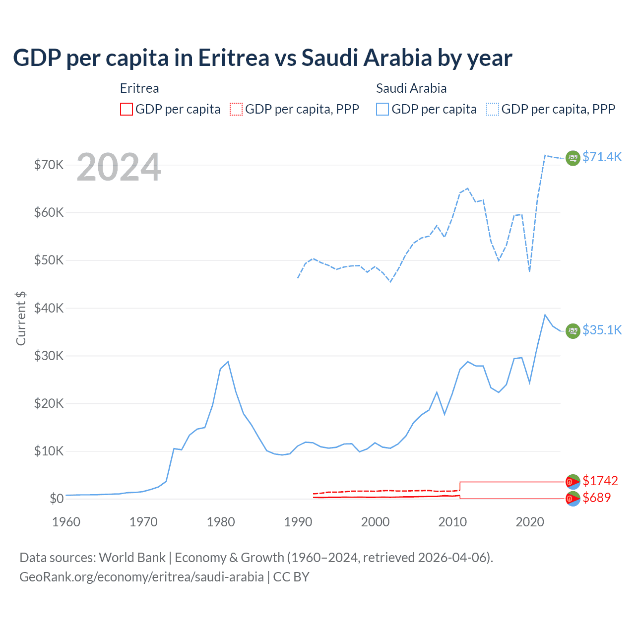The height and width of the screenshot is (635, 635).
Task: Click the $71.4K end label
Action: tap(602, 157)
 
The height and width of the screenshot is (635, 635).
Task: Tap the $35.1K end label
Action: tap(602, 330)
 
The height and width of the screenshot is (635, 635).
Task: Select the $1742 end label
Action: tap(600, 481)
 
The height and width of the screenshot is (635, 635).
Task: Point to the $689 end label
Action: tap(597, 498)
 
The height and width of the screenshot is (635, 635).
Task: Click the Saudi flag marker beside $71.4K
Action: tap(573, 158)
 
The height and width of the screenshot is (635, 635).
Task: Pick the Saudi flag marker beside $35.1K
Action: tap(573, 331)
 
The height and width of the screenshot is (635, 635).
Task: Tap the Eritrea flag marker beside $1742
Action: tap(573, 481)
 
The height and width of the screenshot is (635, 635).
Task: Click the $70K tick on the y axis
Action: tap(49, 165)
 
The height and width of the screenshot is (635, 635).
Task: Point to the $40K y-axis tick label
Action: tap(49, 308)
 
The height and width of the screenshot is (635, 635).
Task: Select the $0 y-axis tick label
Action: tap(57, 499)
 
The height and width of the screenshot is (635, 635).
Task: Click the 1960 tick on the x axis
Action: tap(66, 522)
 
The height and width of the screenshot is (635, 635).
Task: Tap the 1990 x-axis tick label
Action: tap(298, 522)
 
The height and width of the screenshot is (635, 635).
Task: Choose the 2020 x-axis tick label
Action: tap(530, 522)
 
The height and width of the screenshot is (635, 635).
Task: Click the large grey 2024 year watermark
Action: tap(119, 167)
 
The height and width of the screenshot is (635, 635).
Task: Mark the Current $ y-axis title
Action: tap(21, 318)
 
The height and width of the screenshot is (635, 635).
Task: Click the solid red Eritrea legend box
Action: tap(127, 109)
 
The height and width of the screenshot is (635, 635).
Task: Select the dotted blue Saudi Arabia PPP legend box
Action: tap(493, 109)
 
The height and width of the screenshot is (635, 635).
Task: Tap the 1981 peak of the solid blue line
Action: tap(228, 362)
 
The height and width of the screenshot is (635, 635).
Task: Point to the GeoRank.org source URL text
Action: tap(141, 577)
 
